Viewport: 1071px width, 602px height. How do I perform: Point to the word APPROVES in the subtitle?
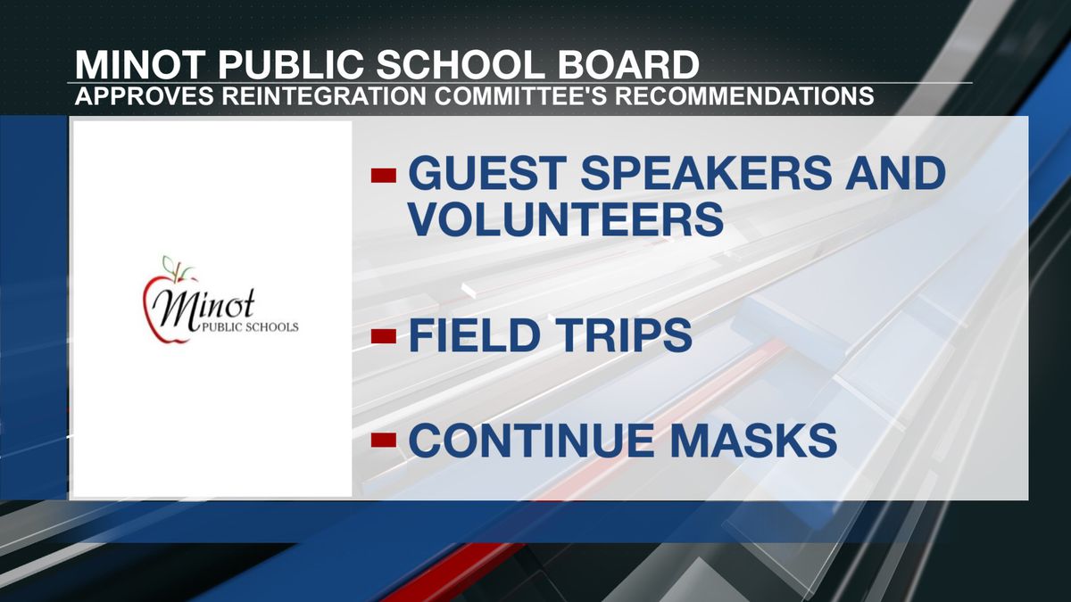[x=144, y=96]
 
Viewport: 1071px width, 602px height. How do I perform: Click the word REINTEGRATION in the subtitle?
[x=324, y=96]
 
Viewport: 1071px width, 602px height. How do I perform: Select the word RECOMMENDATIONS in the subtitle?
[x=744, y=96]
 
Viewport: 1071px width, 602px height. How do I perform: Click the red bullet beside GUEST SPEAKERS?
[x=384, y=176]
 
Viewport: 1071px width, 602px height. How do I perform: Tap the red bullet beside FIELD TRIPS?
[x=384, y=337]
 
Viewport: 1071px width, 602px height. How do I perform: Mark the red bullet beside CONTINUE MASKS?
[x=384, y=440]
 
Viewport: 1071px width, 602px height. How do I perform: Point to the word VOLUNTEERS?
[x=566, y=219]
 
